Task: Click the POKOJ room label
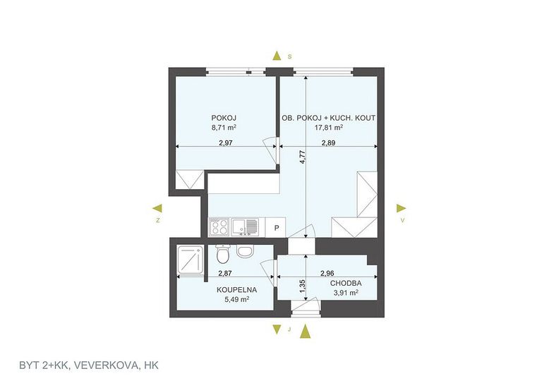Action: [222, 118]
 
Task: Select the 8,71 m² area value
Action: [224, 128]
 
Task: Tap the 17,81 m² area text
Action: [328, 128]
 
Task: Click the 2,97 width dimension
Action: [226, 143]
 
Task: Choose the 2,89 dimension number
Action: [328, 143]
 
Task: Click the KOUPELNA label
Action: [236, 290]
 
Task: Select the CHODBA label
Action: [346, 284]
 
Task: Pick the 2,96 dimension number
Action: [327, 274]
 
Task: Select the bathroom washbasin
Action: [244, 251]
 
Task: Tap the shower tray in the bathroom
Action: [191, 259]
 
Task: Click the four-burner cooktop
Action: [219, 226]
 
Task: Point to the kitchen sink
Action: [245, 226]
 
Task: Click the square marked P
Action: [276, 228]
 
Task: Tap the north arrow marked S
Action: [277, 56]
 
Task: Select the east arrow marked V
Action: [402, 209]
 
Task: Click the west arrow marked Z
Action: [158, 209]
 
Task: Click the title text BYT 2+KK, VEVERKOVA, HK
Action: [89, 365]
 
